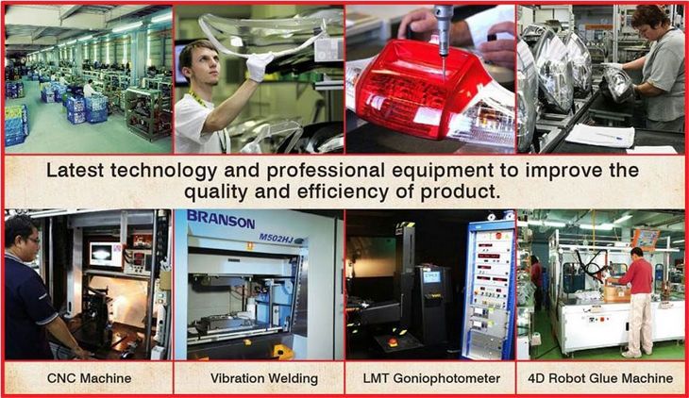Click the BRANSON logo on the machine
(221, 219)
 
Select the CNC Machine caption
(90, 378)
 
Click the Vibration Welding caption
(263, 378)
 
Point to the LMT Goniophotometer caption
(431, 378)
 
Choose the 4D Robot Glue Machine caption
(600, 378)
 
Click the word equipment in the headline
(444, 171)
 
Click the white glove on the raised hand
(260, 66)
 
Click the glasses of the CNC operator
(33, 240)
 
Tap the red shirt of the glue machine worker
(637, 275)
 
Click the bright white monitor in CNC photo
(106, 254)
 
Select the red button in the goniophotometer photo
(394, 341)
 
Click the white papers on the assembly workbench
(600, 135)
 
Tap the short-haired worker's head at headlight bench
(648, 21)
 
